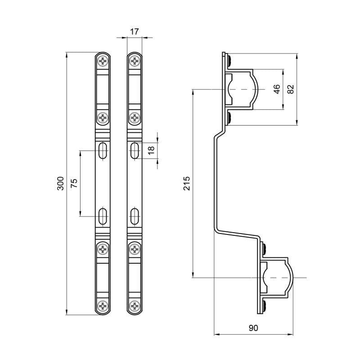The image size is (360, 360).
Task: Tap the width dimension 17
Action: (x=134, y=31)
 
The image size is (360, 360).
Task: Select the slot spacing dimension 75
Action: (x=74, y=183)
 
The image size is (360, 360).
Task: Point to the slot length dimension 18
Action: (x=151, y=150)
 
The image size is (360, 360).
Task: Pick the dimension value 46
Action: (x=277, y=89)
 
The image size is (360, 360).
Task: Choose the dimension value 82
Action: (x=291, y=89)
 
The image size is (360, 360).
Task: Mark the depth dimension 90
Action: (x=253, y=328)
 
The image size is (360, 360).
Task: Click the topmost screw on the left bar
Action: (x=103, y=61)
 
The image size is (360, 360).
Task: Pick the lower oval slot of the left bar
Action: (x=103, y=215)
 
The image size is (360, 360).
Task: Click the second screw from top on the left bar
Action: (x=103, y=118)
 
